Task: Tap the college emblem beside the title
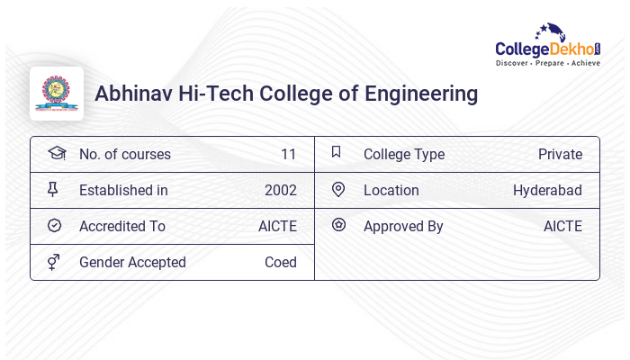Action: (57, 94)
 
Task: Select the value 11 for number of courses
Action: (288, 154)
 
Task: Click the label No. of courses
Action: (124, 154)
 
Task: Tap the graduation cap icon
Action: (56, 153)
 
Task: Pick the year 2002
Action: (280, 190)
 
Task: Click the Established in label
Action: (123, 190)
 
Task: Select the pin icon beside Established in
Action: (54, 189)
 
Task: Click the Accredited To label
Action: (122, 226)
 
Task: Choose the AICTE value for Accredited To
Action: (277, 226)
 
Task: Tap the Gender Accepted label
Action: (132, 262)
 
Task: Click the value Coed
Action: (280, 262)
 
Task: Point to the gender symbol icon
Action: (54, 261)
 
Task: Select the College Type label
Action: (404, 154)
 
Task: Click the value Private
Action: (560, 154)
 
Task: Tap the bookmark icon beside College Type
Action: (337, 152)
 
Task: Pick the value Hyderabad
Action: (547, 190)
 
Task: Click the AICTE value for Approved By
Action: (562, 226)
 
